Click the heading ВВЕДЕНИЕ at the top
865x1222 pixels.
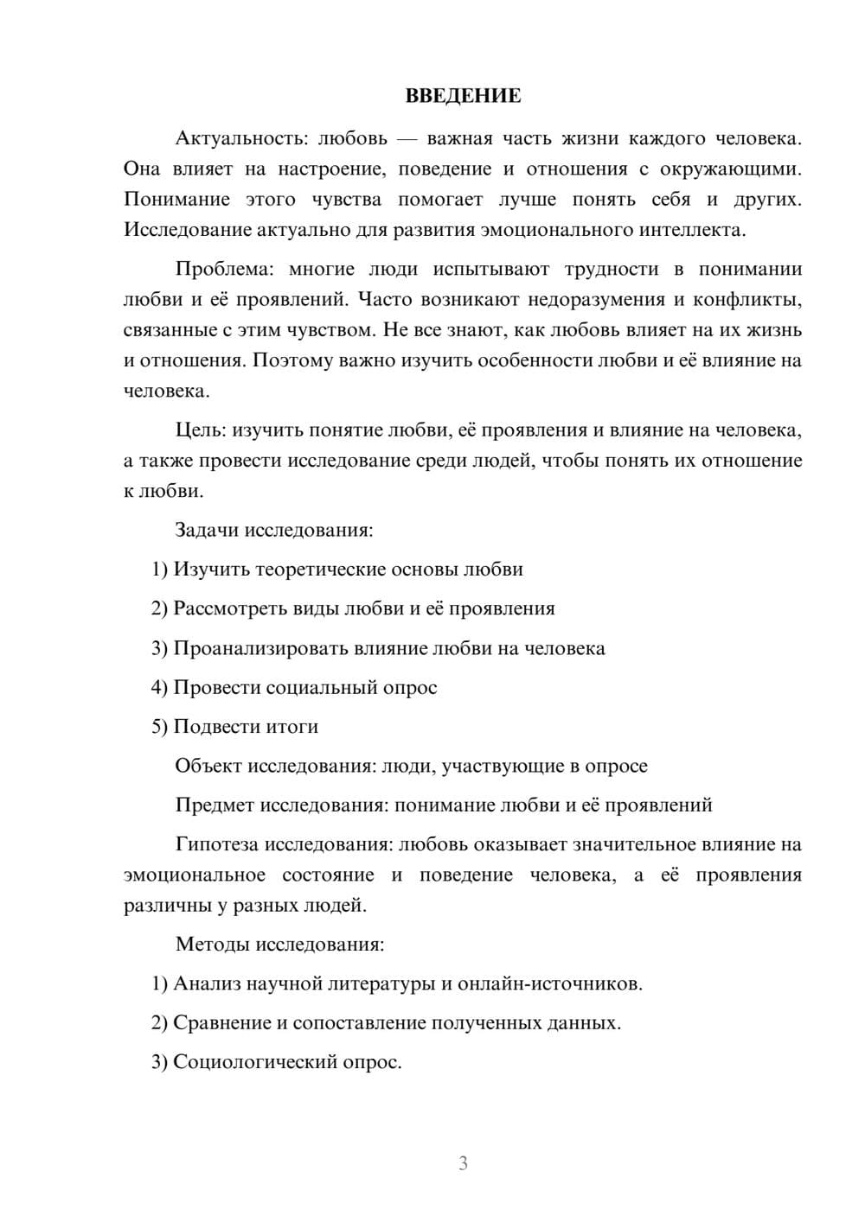point(463,96)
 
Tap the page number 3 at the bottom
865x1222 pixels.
point(463,1163)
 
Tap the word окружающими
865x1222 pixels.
point(731,169)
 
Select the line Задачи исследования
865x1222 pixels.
point(274,530)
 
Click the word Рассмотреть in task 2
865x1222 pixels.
point(230,608)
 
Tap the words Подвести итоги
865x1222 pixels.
point(246,727)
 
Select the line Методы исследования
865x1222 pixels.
point(279,944)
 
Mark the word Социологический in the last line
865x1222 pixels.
point(256,1062)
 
